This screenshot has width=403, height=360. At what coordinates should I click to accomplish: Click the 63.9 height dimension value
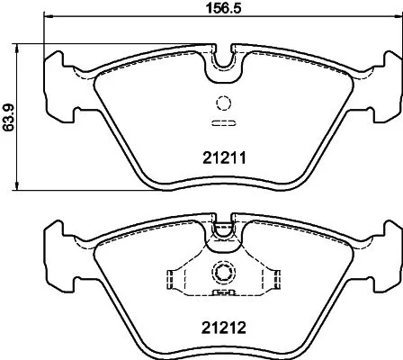click(x=9, y=116)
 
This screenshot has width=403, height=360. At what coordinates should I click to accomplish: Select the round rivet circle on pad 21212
click(x=222, y=273)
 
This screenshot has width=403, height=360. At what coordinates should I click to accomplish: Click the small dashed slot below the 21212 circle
click(x=222, y=292)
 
